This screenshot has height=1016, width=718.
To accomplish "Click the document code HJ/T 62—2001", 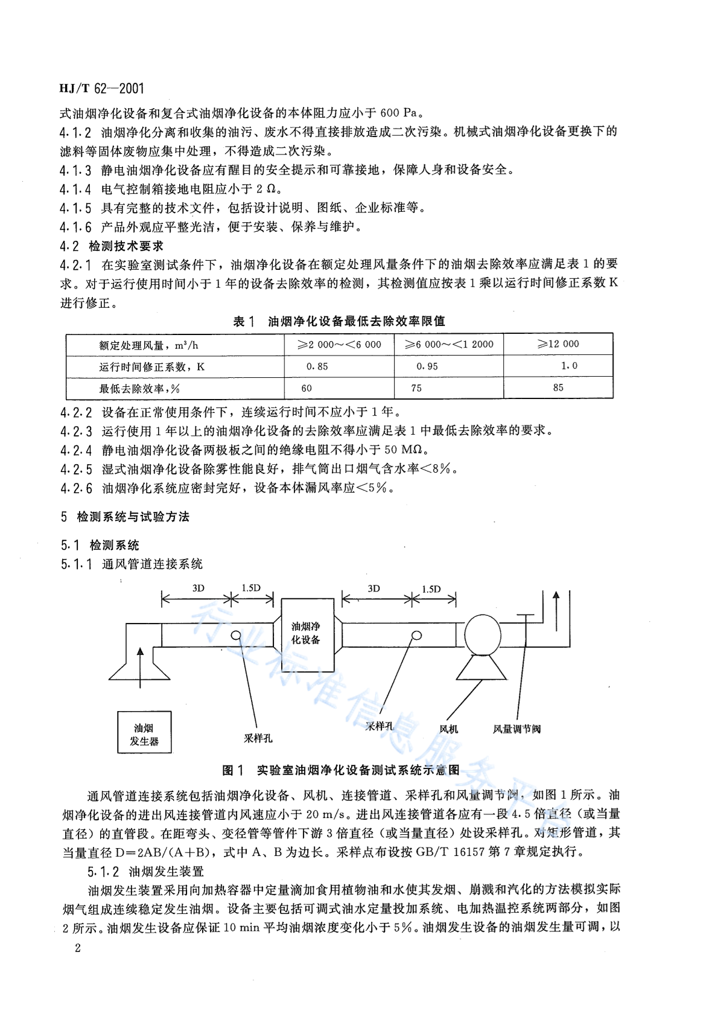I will (x=102, y=89).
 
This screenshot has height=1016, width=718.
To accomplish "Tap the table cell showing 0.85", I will (x=317, y=366).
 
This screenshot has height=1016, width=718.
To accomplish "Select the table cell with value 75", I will (x=416, y=388).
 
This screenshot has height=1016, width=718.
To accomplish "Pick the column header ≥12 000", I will (x=558, y=344).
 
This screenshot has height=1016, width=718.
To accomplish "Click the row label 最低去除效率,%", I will (x=139, y=389).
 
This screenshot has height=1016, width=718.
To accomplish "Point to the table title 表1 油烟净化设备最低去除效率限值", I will (x=338, y=322).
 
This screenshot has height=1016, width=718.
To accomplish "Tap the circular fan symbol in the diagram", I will (x=483, y=633).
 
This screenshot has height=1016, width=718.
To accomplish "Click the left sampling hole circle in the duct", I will (x=236, y=635).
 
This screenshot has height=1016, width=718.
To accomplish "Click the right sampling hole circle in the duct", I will (x=416, y=635).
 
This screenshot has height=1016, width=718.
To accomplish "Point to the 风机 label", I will (x=448, y=729).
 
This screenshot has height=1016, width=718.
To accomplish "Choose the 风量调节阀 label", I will (x=516, y=729).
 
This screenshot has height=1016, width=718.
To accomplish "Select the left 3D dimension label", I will (x=198, y=589).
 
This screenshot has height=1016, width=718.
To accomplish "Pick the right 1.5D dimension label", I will (x=431, y=589).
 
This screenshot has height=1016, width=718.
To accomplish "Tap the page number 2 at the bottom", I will (x=77, y=948).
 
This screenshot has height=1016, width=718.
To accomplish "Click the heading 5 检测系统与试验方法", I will (x=125, y=517).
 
